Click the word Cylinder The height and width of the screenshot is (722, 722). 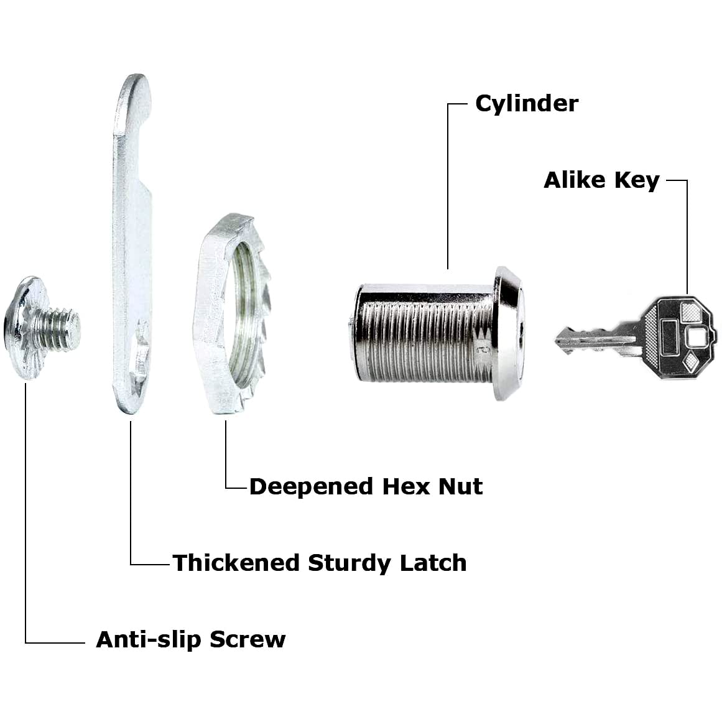(x=527, y=104)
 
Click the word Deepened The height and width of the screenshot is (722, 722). (x=311, y=487)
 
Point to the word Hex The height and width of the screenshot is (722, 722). (x=406, y=486)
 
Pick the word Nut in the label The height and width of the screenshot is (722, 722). (x=460, y=486)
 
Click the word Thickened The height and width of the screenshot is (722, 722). (x=236, y=563)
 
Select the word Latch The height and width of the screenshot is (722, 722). (x=433, y=563)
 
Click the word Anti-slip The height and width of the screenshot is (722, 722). (x=148, y=639)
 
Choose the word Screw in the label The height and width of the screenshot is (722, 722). (x=248, y=639)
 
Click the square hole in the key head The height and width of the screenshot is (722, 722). (x=695, y=336)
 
